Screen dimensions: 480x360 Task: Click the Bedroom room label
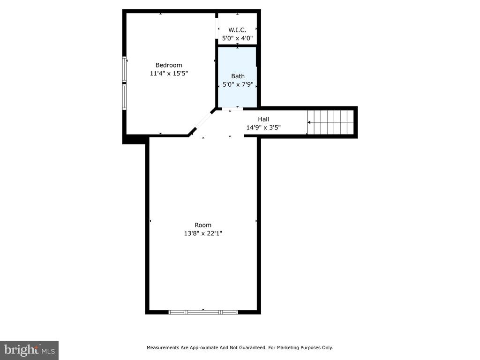[x=169, y=65]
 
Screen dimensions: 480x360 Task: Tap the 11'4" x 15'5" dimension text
[x=169, y=73]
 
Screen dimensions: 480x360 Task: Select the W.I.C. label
[x=237, y=30]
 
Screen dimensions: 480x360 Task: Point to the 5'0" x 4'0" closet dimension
[x=237, y=38]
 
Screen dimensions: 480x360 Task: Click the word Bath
[x=238, y=76]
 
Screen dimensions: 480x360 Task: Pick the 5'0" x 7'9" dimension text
[x=238, y=84]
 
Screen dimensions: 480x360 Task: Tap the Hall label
[x=263, y=119]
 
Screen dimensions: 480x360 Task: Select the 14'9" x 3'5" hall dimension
[x=263, y=127]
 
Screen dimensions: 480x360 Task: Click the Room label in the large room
[x=203, y=225]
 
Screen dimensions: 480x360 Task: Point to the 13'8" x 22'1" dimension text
[x=203, y=233]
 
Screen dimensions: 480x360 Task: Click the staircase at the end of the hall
[x=330, y=122]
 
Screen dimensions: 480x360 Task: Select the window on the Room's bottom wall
[x=203, y=312]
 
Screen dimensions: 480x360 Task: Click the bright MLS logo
[x=29, y=350]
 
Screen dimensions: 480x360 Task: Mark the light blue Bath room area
[x=237, y=77]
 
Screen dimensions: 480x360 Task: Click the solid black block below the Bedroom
[x=134, y=139]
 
